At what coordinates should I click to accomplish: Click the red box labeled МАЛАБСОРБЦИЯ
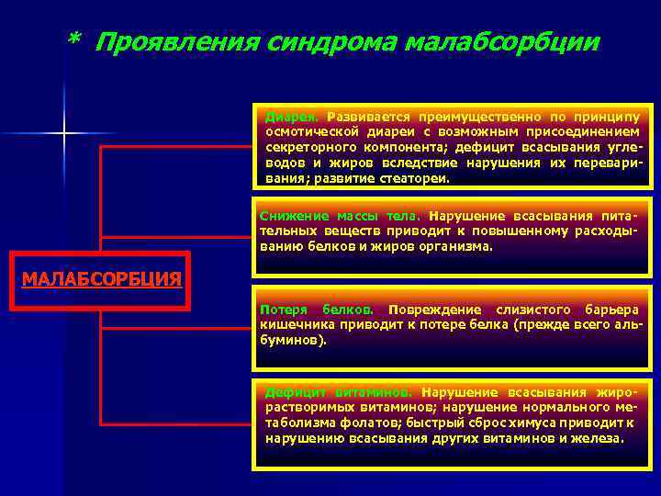[100, 279]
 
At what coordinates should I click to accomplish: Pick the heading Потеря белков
[316, 309]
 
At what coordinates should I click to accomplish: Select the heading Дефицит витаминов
[336, 391]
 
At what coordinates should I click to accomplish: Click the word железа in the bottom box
[599, 438]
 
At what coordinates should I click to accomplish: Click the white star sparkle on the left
[64, 134]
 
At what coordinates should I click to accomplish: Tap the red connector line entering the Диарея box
[174, 145]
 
